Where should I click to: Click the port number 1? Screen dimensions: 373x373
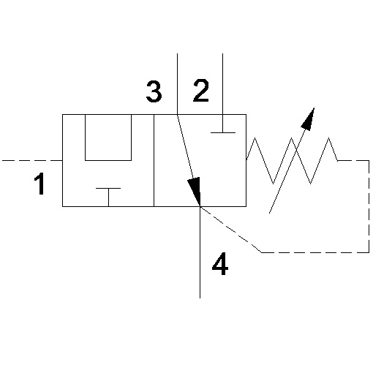(x=39, y=184)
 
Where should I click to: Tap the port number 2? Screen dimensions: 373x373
(x=201, y=91)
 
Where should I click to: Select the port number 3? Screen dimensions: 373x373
(x=154, y=91)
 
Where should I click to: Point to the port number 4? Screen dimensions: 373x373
(x=220, y=263)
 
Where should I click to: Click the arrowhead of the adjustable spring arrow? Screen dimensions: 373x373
(x=309, y=118)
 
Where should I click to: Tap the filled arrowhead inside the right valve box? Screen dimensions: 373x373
(x=195, y=191)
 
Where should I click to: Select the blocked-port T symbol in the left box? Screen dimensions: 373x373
(x=108, y=197)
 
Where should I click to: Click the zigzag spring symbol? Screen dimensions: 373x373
(x=292, y=161)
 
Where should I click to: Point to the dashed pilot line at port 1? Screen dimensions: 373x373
(x=32, y=160)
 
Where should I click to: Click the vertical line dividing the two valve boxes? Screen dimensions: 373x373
(x=154, y=160)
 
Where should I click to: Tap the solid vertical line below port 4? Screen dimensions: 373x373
(x=200, y=252)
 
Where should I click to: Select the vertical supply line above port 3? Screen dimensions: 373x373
(x=177, y=84)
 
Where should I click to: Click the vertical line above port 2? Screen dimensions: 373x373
(x=222, y=84)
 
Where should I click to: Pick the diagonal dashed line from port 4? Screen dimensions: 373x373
(x=231, y=230)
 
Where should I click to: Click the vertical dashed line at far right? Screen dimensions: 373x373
(x=369, y=206)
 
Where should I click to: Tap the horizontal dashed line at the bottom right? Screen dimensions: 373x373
(x=315, y=252)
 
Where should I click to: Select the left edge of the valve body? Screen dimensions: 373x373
(x=63, y=160)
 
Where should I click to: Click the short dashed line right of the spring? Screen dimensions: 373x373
(x=353, y=160)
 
